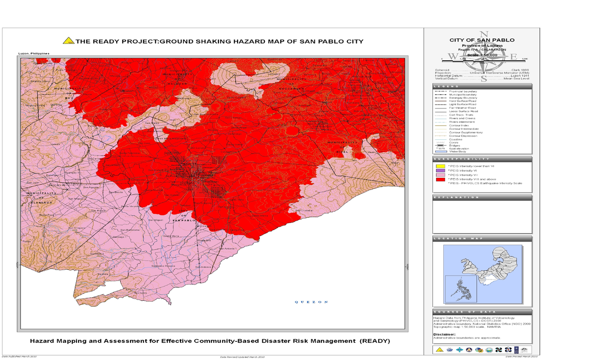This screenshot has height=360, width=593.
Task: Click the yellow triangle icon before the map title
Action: coord(70,41)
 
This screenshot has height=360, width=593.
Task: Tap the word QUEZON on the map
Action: coord(310,302)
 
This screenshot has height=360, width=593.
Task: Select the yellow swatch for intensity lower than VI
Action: coord(441,166)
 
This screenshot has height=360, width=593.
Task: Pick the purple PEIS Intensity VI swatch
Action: coord(441,171)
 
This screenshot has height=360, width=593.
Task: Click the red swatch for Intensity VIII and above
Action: coord(441,179)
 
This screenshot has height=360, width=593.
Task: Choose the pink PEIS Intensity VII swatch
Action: coord(441,175)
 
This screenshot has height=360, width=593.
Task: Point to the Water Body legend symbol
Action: coord(440,151)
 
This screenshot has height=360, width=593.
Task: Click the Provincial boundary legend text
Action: coord(463,91)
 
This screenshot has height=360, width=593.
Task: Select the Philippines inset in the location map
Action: coord(461,289)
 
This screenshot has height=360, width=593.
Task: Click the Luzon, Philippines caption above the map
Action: coord(34,53)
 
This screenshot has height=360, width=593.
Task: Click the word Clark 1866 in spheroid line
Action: coord(520,70)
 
